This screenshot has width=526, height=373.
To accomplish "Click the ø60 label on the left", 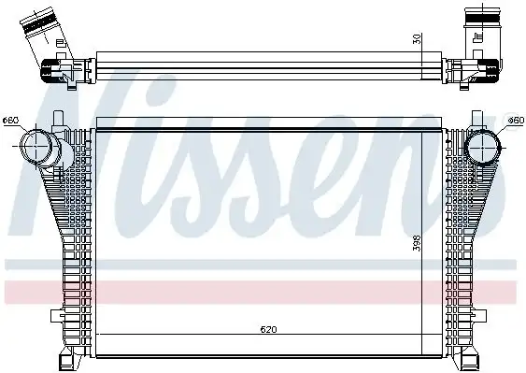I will pyautogui.click(x=11, y=120).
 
